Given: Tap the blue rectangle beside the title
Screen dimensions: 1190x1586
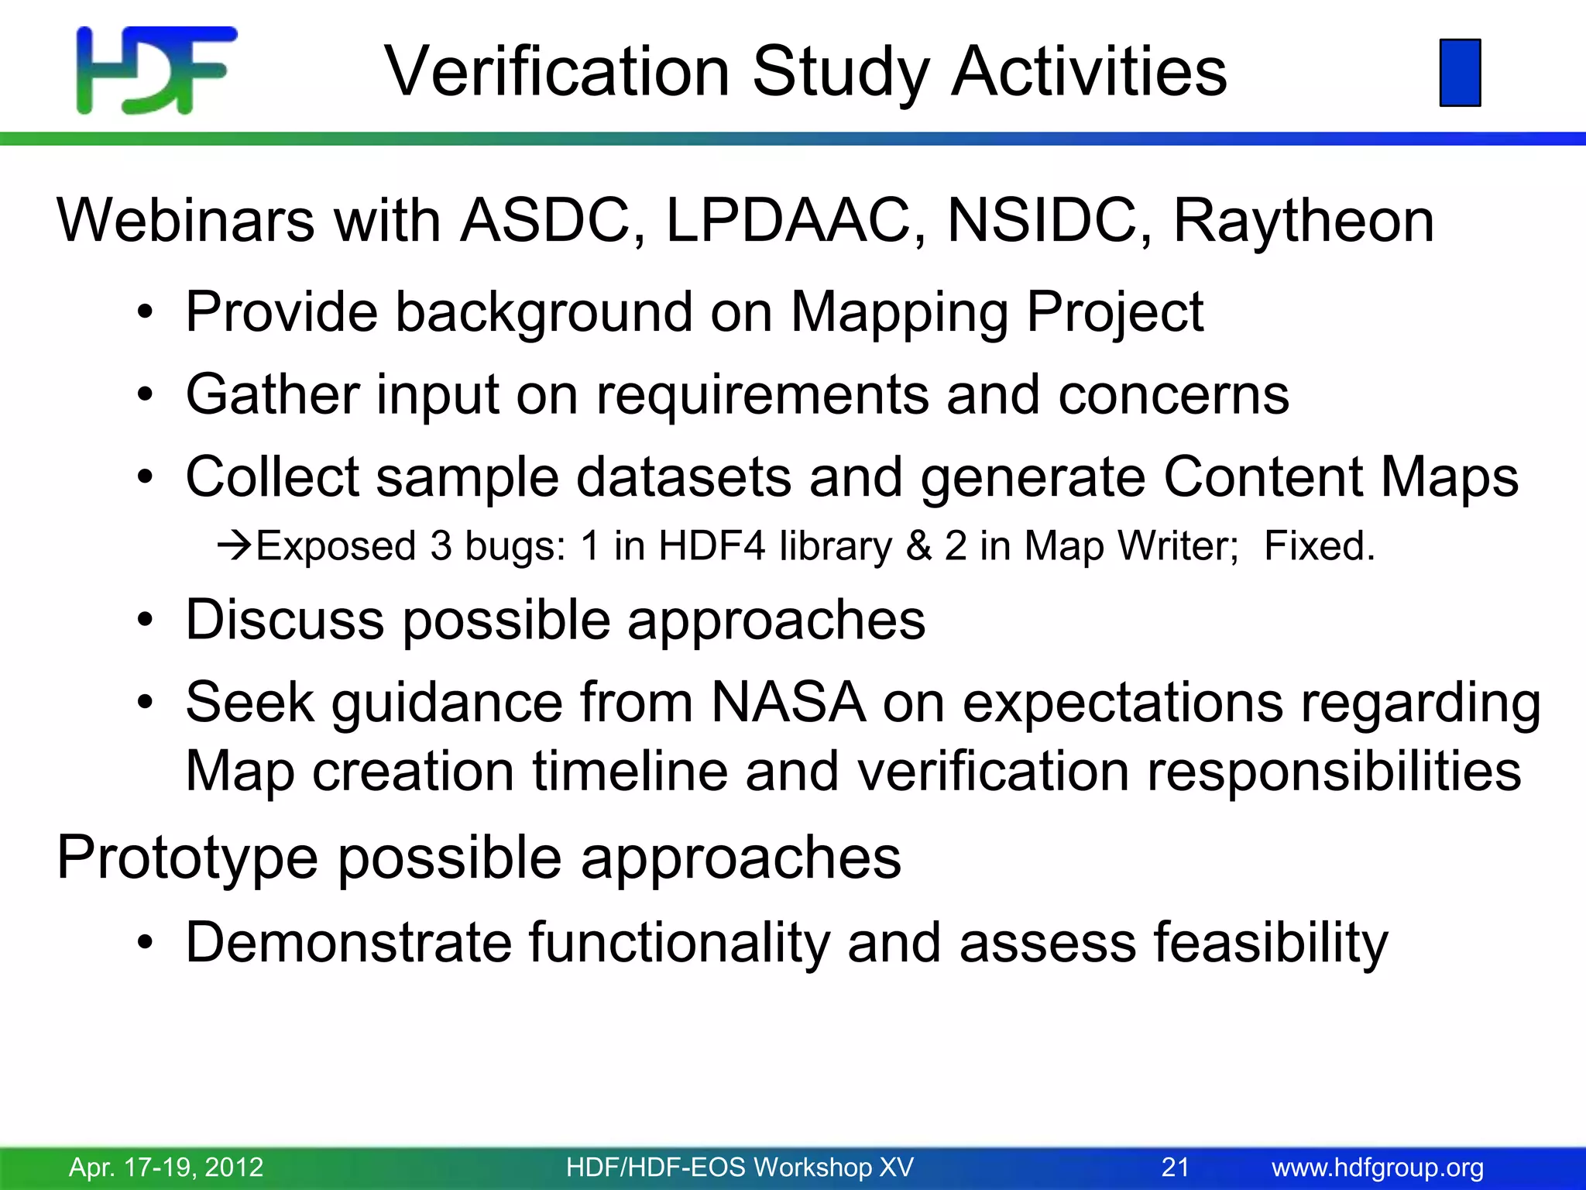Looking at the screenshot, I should pyautogui.click(x=1460, y=72).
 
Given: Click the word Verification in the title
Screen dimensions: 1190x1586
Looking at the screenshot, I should pyautogui.click(x=558, y=71).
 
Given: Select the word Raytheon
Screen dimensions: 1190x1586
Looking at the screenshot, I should pyautogui.click(x=1303, y=222).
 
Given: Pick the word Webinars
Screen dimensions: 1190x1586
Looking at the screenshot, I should pyautogui.click(x=186, y=222).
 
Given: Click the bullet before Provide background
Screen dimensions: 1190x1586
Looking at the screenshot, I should pyautogui.click(x=145, y=314).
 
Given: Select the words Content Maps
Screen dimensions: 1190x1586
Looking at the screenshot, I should pyautogui.click(x=1341, y=477).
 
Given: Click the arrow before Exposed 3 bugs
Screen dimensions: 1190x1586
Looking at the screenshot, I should pyautogui.click(x=235, y=546).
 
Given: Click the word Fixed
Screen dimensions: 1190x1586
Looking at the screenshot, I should pyautogui.click(x=1319, y=546).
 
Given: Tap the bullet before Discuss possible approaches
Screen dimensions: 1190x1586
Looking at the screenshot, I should pyautogui.click(x=145, y=621).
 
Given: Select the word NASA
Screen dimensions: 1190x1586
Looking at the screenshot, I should pyautogui.click(x=788, y=703).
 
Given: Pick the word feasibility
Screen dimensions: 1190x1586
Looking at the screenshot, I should pyautogui.click(x=1270, y=943).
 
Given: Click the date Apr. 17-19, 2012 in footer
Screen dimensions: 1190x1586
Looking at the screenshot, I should pyautogui.click(x=166, y=1167).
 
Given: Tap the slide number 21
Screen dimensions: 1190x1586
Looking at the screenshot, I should pyautogui.click(x=1175, y=1167).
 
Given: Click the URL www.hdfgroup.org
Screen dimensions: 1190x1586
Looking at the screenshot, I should pyautogui.click(x=1378, y=1167).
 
